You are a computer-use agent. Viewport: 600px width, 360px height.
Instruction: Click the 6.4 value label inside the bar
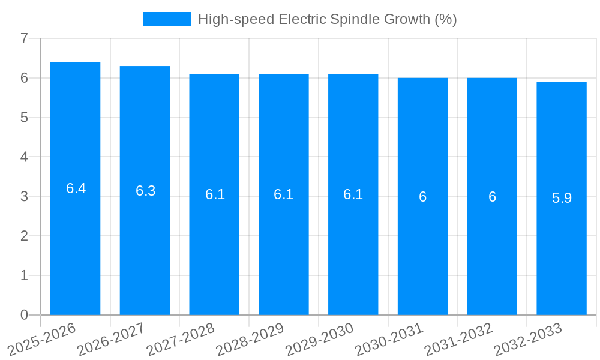click(x=76, y=188)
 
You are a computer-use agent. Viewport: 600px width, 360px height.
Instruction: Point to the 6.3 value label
click(x=145, y=191)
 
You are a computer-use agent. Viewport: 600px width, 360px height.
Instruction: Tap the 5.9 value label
click(x=562, y=198)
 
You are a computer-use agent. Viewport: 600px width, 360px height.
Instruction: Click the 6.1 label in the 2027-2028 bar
click(x=215, y=194)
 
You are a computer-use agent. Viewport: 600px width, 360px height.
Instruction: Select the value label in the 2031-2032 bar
click(x=492, y=197)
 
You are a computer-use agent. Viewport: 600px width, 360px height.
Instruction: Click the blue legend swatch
click(x=166, y=19)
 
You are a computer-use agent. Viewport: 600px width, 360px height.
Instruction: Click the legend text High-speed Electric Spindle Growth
click(x=327, y=19)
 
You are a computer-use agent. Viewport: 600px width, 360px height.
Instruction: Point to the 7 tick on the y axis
click(x=24, y=38)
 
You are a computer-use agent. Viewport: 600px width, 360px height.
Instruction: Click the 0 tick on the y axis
click(x=24, y=315)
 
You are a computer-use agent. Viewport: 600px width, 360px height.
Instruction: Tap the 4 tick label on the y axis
click(x=24, y=157)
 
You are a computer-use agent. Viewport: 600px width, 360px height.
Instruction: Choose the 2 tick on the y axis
click(x=24, y=236)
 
